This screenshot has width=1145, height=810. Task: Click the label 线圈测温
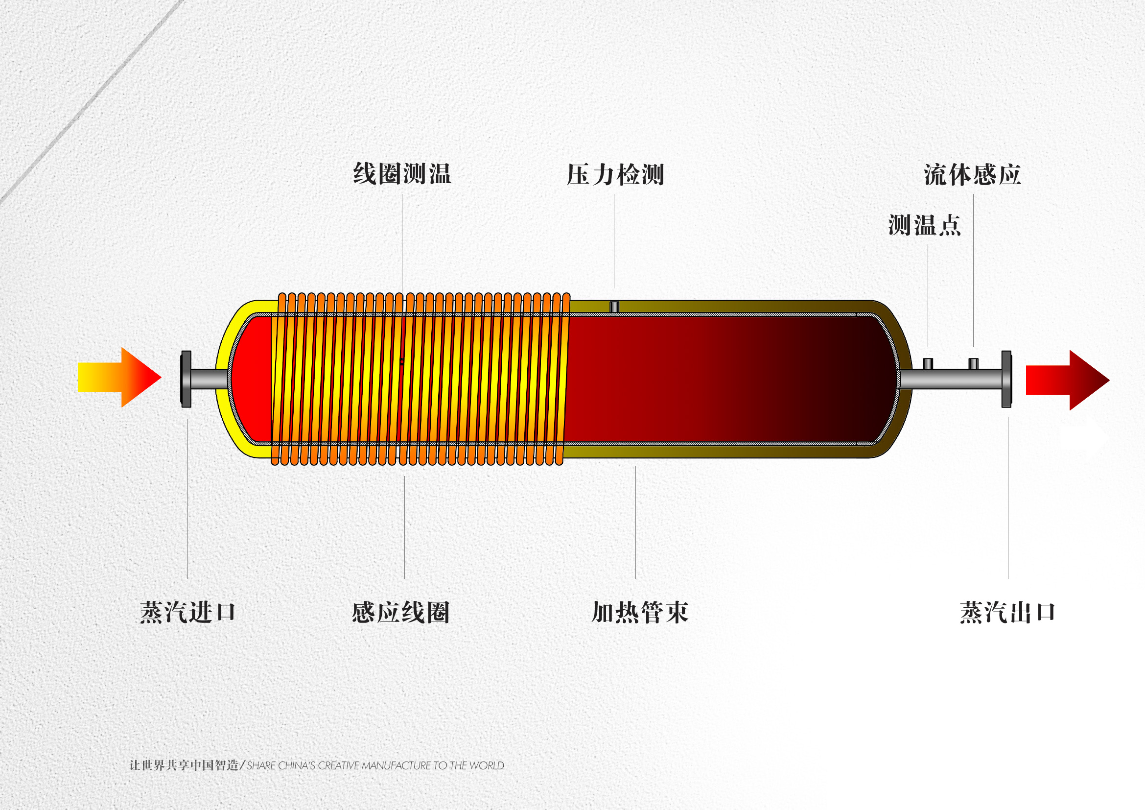click(x=402, y=173)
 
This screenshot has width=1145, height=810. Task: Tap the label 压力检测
click(x=615, y=174)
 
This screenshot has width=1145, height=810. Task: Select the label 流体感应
click(x=972, y=174)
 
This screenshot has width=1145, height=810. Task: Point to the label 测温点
click(x=924, y=225)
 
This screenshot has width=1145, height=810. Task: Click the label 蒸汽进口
click(x=187, y=612)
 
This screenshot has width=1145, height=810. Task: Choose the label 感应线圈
click(x=400, y=612)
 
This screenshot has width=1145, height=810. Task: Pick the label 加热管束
click(x=639, y=612)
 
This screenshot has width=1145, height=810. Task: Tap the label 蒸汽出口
click(x=1007, y=612)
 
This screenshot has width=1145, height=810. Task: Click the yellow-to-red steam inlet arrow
click(x=119, y=378)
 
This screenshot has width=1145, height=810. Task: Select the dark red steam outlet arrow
click(x=1067, y=381)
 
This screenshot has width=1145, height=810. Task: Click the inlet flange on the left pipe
click(x=186, y=379)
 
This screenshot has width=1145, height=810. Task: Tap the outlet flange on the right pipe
click(x=1006, y=379)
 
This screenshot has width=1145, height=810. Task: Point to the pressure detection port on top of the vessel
click(x=614, y=307)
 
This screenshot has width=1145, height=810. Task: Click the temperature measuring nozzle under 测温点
click(x=928, y=363)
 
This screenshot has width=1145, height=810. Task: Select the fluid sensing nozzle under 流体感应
click(x=973, y=363)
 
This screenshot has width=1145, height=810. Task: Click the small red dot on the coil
click(x=402, y=362)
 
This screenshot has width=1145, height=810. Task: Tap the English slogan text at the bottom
click(x=375, y=765)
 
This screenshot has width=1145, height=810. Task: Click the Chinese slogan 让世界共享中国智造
click(x=184, y=765)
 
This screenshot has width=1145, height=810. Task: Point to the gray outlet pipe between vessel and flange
click(x=950, y=379)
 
